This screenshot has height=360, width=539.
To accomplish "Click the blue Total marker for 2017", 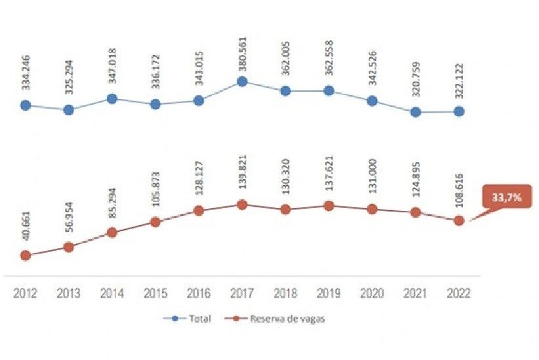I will point(242,82).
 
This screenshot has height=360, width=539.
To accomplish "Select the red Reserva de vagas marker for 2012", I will point(26,255).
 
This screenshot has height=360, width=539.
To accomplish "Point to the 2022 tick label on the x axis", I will point(459,294).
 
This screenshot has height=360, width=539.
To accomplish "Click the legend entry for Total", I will point(191,319).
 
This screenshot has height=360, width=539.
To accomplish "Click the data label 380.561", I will point(242,52).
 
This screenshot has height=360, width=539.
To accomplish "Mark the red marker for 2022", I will point(459,221).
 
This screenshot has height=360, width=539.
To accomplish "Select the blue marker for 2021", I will point(416,112).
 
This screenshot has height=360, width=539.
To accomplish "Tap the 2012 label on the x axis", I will point(26,294).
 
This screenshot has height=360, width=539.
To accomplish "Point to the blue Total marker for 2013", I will point(68,110).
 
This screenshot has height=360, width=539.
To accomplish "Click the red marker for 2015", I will point(155,222).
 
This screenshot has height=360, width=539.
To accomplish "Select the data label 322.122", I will point(459,82).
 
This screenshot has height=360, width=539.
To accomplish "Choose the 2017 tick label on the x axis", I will point(242,294).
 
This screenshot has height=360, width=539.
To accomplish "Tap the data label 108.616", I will point(459,191).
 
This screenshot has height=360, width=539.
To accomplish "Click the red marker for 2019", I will point(329,206).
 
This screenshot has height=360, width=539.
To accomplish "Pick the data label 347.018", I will point(112,69).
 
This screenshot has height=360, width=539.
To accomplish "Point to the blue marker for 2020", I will point(372,101).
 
